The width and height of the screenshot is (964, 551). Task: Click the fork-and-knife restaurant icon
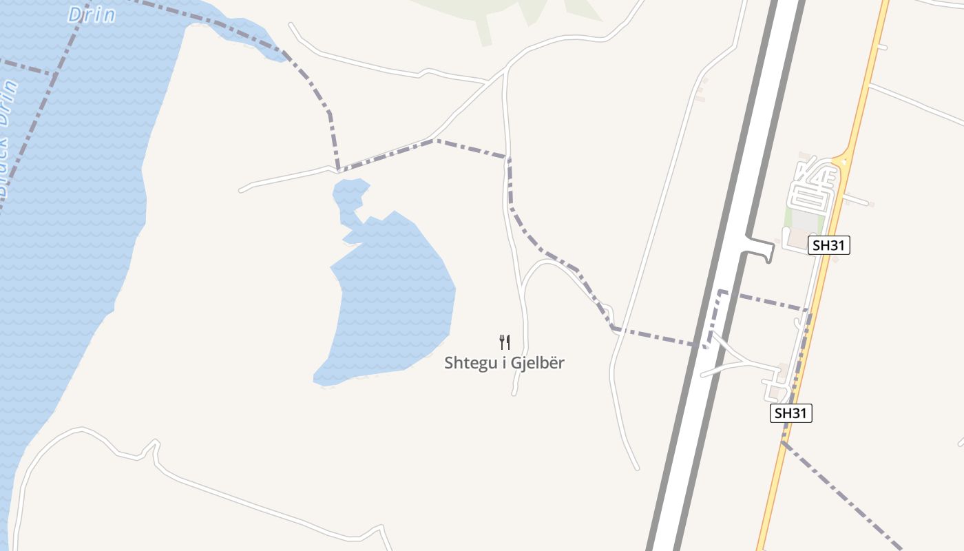(x=505, y=342)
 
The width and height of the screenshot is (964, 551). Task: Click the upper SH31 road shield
(x=829, y=245)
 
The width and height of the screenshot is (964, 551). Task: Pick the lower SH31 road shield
(x=790, y=413)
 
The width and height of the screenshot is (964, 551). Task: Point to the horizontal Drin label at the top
(x=92, y=14)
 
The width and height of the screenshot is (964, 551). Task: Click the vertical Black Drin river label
(x=9, y=138)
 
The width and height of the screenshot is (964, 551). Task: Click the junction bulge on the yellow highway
(x=841, y=162)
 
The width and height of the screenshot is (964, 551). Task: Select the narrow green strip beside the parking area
(x=788, y=219)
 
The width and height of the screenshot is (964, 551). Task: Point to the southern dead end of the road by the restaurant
(x=514, y=393)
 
